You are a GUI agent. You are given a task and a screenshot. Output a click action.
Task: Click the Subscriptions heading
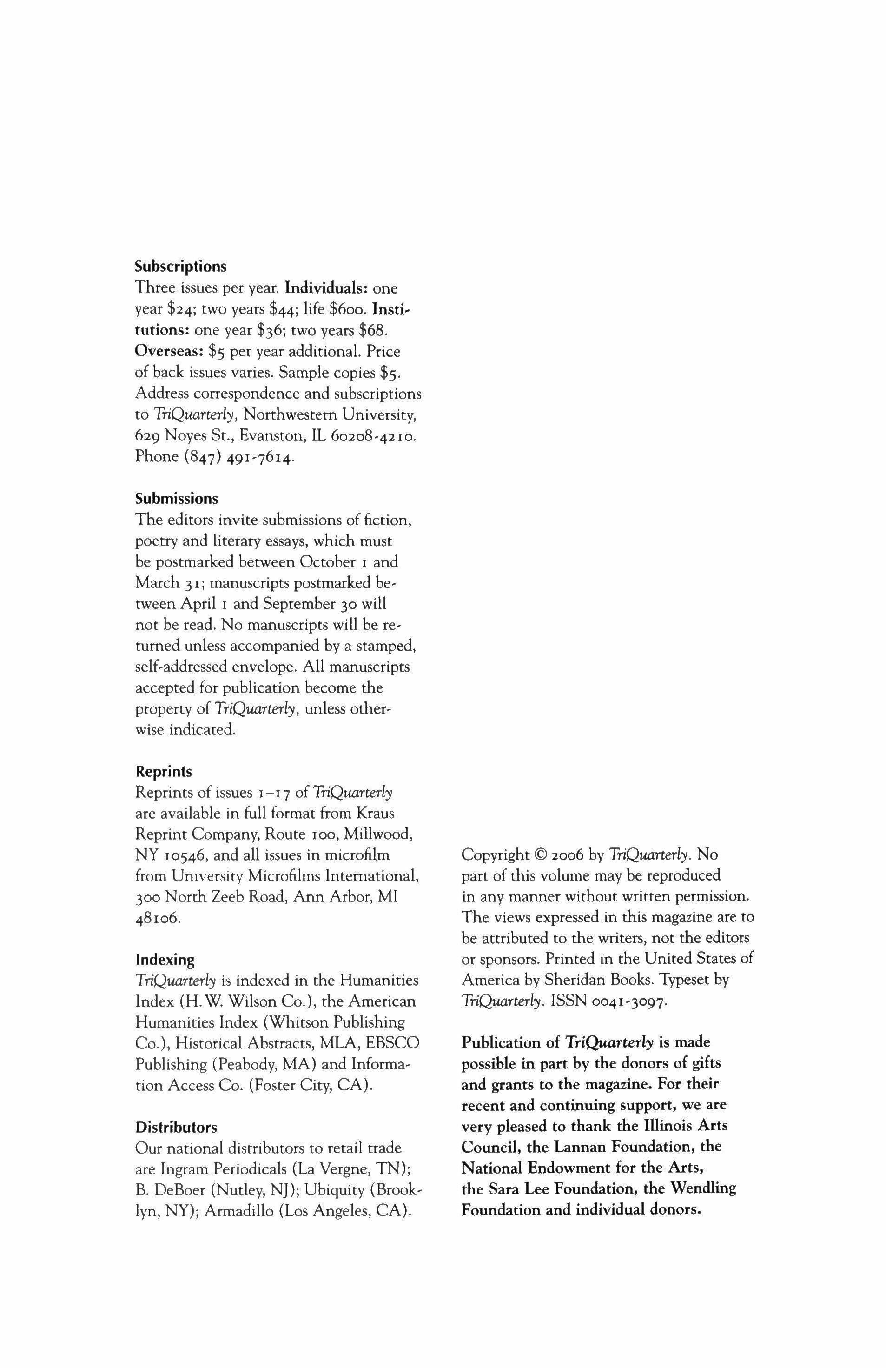(x=180, y=267)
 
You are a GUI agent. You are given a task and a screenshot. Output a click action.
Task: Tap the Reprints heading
(x=163, y=771)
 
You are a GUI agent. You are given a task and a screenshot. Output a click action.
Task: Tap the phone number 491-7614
(x=268, y=457)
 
